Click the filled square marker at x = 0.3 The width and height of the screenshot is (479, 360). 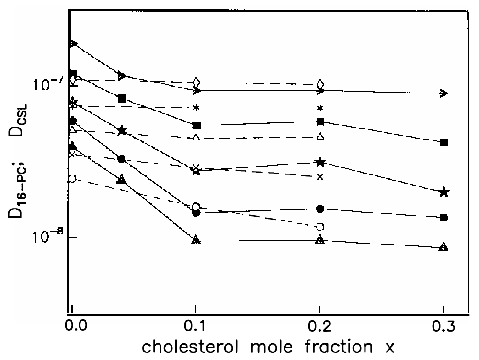point(444,142)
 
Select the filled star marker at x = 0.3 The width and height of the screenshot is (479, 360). point(444,193)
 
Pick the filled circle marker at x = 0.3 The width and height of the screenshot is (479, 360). point(444,218)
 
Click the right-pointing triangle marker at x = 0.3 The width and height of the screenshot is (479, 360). point(444,93)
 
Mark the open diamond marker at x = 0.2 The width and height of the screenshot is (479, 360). point(320,85)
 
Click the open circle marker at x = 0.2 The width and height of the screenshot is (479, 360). point(320,226)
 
